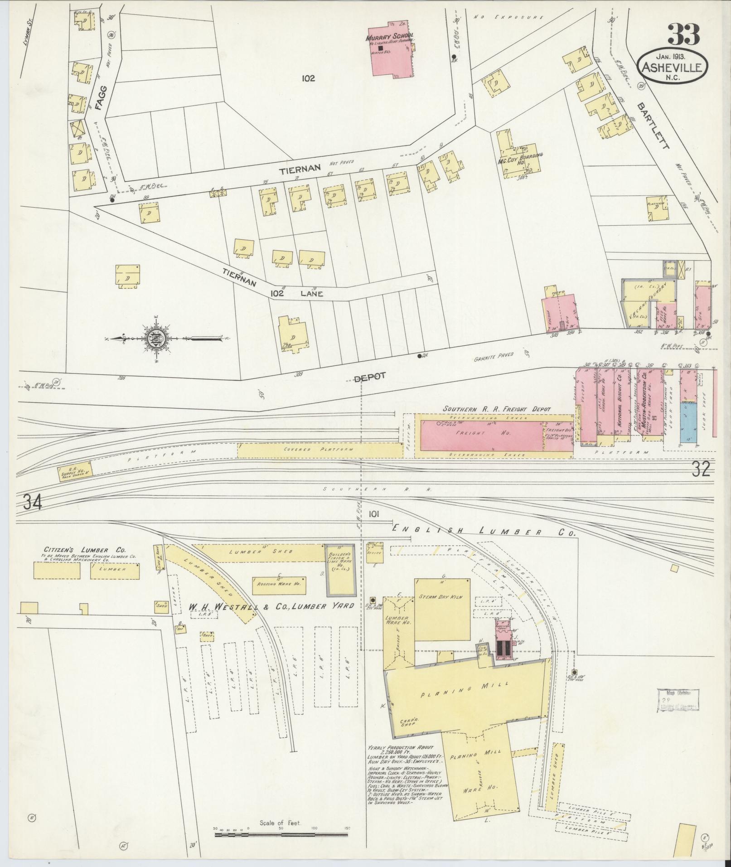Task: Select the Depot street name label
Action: tap(370, 376)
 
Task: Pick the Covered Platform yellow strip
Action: tap(320, 450)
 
